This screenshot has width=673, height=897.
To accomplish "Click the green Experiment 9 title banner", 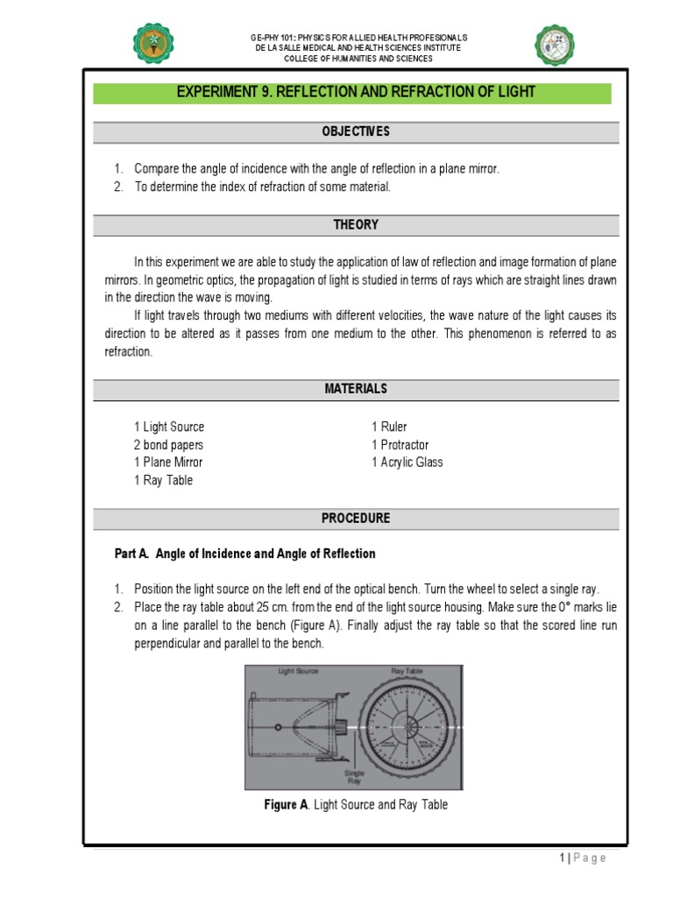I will (x=355, y=93).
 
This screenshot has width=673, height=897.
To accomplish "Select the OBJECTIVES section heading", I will (x=355, y=131).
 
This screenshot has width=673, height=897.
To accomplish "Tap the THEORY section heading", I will (x=355, y=224).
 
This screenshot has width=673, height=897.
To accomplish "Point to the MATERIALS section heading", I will (x=355, y=388).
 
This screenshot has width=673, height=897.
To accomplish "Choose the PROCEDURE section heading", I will (x=355, y=518).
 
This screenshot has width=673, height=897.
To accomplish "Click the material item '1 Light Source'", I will (x=168, y=427).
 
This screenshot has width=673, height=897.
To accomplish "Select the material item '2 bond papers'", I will (x=168, y=444).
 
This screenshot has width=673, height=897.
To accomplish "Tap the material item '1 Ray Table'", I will (x=163, y=480).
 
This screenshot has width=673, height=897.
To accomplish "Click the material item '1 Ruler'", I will (x=389, y=427).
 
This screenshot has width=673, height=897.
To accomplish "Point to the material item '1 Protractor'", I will (x=400, y=444).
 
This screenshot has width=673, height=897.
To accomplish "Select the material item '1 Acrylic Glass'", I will (x=407, y=462).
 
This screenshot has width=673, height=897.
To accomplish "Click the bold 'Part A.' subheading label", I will (x=132, y=554).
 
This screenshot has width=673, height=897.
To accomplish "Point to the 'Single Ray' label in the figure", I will (x=355, y=776).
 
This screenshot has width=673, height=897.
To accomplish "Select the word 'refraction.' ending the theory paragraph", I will (x=128, y=351).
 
